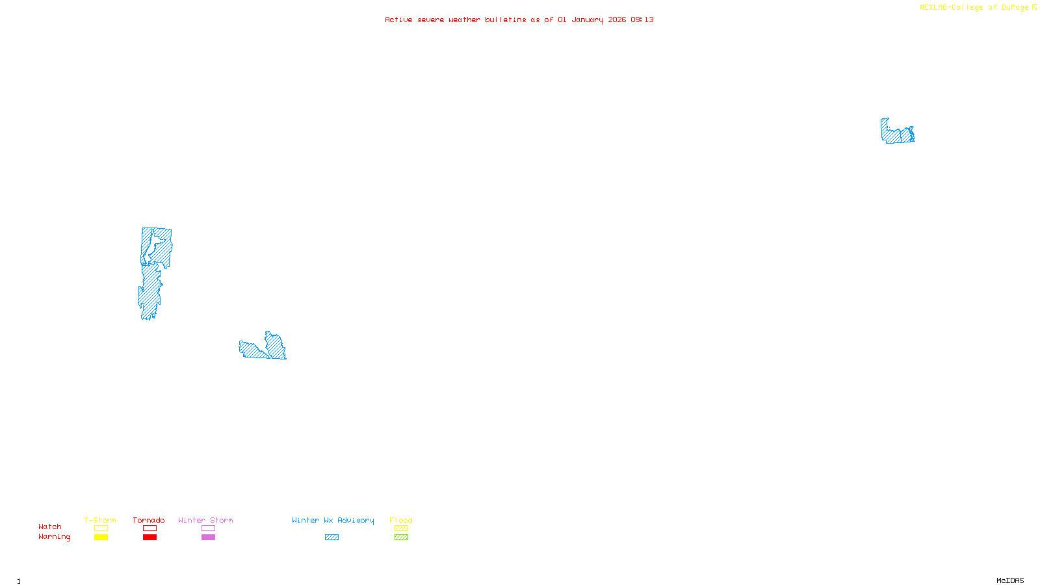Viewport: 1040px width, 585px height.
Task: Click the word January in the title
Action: [x=587, y=19]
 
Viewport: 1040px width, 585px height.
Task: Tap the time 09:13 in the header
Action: [x=642, y=19]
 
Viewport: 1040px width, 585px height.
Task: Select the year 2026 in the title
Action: [x=617, y=19]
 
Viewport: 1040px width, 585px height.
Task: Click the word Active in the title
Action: [x=398, y=19]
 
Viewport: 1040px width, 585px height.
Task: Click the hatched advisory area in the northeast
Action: [x=897, y=133]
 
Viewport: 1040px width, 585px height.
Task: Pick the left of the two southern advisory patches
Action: [x=252, y=350]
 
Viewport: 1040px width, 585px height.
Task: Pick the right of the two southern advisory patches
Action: [x=276, y=346]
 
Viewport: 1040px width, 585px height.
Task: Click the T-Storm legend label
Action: [x=100, y=520]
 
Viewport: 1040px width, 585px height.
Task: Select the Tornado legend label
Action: [x=149, y=520]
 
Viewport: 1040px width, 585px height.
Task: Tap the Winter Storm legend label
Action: [x=205, y=520]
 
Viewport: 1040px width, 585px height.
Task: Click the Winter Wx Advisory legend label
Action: [x=333, y=520]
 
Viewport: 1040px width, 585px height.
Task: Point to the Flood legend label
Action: [x=401, y=520]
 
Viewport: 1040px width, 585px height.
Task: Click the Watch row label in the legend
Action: [x=50, y=526]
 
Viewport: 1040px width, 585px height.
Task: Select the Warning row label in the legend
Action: [x=54, y=537]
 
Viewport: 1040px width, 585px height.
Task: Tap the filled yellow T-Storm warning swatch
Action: [x=101, y=538]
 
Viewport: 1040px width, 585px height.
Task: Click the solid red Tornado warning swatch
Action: [x=149, y=538]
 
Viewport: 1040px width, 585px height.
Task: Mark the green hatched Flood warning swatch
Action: [x=401, y=538]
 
